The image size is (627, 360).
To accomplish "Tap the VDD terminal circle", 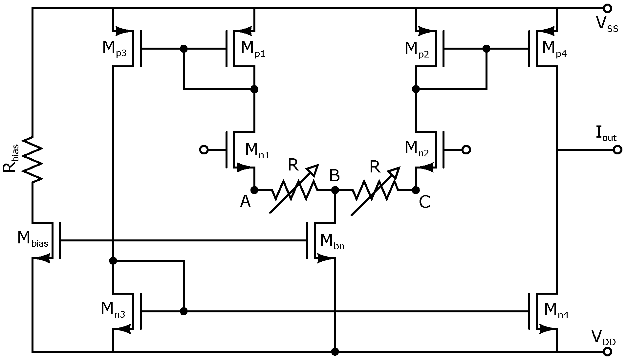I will coord(607,352).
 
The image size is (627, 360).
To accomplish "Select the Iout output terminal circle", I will coord(617,150).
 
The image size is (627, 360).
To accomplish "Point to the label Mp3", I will coord(114,49).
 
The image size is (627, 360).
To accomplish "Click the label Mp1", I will coord(253,49).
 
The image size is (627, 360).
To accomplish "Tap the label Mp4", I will coord(554,49).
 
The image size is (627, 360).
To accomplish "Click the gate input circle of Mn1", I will coord(204,150).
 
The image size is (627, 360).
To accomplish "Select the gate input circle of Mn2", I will coord(466,150).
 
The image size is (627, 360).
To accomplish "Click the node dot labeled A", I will coord(254,190).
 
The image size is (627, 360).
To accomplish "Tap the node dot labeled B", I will coord(335,190).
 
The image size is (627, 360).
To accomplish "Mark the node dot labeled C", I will coord(416,190).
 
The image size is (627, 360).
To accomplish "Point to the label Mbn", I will coord(332,242).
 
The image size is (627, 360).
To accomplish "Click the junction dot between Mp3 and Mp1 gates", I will coord(184,49).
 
